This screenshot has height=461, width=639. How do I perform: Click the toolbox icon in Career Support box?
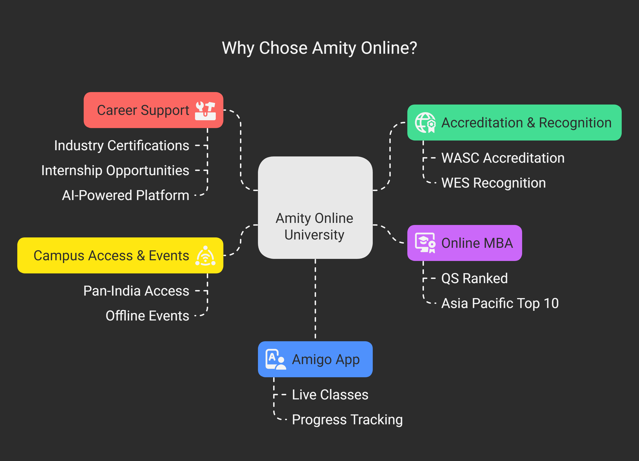click(x=205, y=111)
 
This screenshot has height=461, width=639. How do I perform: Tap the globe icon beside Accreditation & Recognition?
click(x=425, y=123)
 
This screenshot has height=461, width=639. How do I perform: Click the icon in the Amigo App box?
click(x=275, y=359)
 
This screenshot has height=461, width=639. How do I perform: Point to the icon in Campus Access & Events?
click(x=205, y=256)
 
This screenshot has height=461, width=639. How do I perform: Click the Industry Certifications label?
click(x=121, y=146)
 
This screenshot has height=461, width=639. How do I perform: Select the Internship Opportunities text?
click(x=115, y=171)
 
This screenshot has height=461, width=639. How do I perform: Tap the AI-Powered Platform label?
click(x=125, y=195)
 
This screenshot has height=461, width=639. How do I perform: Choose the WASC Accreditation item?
click(x=503, y=158)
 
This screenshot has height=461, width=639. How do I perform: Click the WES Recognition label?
click(x=493, y=183)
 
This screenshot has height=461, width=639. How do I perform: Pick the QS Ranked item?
click(x=474, y=278)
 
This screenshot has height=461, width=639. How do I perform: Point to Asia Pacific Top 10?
click(x=500, y=303)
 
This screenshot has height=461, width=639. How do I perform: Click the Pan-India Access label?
click(x=136, y=291)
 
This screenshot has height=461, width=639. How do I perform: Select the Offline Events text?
click(x=147, y=316)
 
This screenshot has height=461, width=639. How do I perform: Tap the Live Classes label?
click(x=330, y=395)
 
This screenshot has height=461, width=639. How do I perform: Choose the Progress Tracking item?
click(x=347, y=419)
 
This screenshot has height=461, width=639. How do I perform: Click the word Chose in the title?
click(x=283, y=48)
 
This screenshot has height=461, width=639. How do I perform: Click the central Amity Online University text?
click(x=314, y=226)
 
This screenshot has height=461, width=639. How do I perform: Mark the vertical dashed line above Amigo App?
click(x=315, y=299)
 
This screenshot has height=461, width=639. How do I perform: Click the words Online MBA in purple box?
click(x=477, y=243)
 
